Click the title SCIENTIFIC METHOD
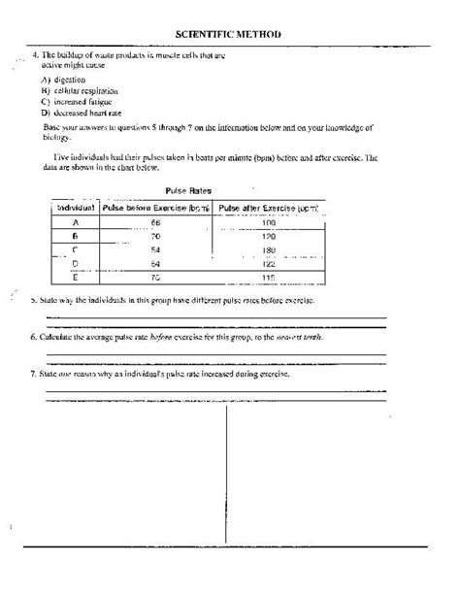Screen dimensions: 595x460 [229, 34]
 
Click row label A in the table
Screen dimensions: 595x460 [75, 223]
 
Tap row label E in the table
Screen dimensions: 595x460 [75, 278]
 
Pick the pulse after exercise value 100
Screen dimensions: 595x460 [269, 223]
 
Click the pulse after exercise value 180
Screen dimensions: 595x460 [269, 250]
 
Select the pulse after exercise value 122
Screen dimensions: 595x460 [269, 264]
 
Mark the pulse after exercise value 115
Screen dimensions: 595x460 [269, 278]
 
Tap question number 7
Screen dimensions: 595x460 [34, 373]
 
